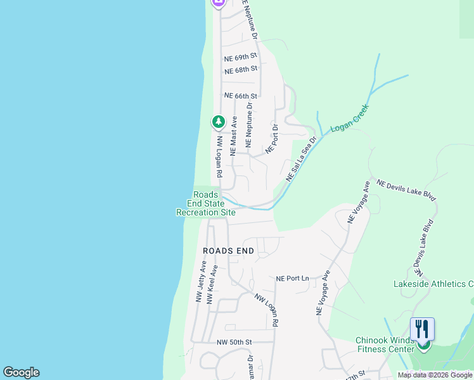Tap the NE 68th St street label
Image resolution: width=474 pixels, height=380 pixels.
tap(241, 68)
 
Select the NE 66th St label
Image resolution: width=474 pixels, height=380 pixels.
tap(241, 96)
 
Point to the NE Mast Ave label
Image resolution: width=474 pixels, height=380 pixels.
tap(233, 136)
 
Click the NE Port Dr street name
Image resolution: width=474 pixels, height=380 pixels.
tap(272, 139)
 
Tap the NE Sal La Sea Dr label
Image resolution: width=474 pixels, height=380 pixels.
tap(301, 159)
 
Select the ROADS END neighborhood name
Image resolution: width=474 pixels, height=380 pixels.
tap(228, 251)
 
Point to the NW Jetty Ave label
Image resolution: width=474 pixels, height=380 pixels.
tap(201, 282)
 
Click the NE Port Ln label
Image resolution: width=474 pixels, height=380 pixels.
tap(292, 278)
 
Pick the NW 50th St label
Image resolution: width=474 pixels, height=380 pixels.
tap(234, 342)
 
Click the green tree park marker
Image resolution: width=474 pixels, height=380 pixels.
tap(219, 121)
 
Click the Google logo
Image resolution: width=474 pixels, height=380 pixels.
tap(21, 372)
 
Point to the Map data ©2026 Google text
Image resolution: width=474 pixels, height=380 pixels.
tap(435, 375)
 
